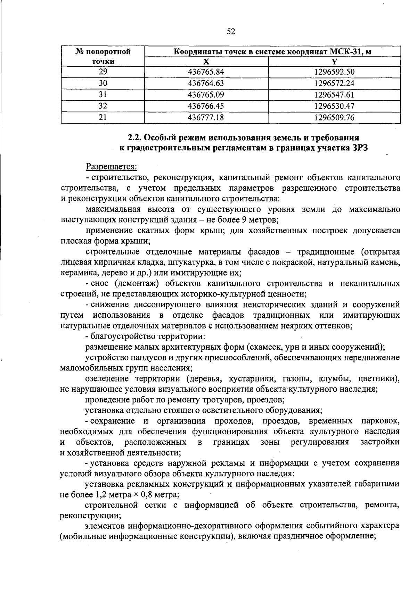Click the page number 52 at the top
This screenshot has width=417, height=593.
[231, 32]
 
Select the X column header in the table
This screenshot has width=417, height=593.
[206, 62]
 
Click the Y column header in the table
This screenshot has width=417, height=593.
[334, 62]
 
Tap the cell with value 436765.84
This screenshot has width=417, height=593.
[206, 72]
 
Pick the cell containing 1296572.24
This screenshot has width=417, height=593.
[334, 83]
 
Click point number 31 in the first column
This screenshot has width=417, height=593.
[103, 95]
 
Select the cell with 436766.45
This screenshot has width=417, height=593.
[206, 106]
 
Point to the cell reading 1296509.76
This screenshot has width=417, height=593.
[334, 118]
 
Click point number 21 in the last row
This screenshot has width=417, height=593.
[103, 118]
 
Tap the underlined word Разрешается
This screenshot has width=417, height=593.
[112, 167]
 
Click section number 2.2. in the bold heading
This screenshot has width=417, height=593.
[135, 137]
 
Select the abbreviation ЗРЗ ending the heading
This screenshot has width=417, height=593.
[358, 148]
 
